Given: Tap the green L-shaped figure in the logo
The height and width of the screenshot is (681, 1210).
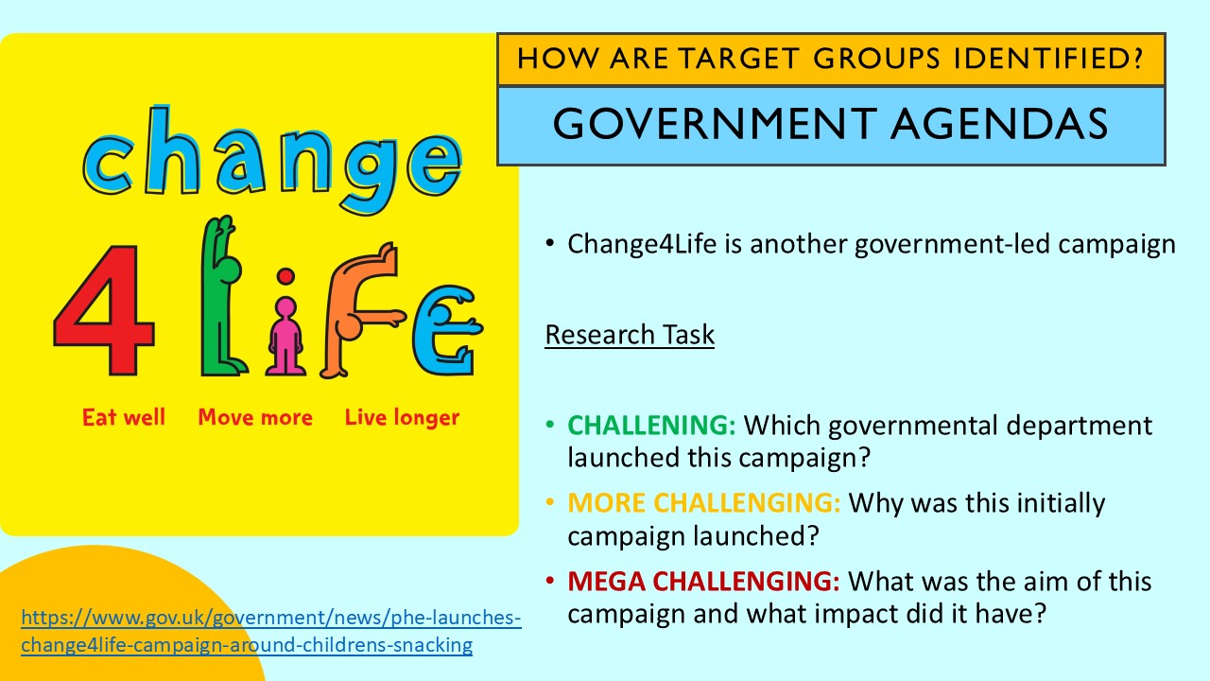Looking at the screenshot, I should tap(221, 303).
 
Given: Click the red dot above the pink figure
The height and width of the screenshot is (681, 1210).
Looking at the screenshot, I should tap(285, 276).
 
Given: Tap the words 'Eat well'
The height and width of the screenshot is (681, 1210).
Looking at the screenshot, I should tap(124, 417).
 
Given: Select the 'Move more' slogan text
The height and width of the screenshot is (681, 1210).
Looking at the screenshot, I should tap(255, 417).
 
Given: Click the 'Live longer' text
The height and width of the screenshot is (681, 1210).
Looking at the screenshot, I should tap(402, 417).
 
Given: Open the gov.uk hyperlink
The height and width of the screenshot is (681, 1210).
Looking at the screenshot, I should tap(270, 632).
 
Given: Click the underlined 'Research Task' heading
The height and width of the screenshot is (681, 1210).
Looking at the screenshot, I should tap(630, 335).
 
